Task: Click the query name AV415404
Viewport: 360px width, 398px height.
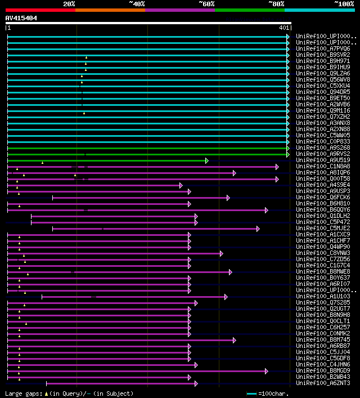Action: [x=21, y=18]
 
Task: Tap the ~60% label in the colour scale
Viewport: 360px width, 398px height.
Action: [x=206, y=4]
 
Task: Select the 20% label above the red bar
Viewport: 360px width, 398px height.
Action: [x=69, y=4]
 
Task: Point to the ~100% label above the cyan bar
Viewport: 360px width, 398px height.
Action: [x=343, y=4]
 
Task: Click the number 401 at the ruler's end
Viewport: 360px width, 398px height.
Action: [x=283, y=28]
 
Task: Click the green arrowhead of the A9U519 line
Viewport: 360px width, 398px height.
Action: [x=207, y=160]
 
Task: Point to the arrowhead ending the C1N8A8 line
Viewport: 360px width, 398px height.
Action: [x=277, y=167]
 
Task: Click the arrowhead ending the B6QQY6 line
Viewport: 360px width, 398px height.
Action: [x=266, y=210]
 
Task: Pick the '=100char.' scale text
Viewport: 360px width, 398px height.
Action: [x=272, y=393]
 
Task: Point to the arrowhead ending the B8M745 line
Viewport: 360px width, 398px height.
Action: [x=234, y=340]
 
